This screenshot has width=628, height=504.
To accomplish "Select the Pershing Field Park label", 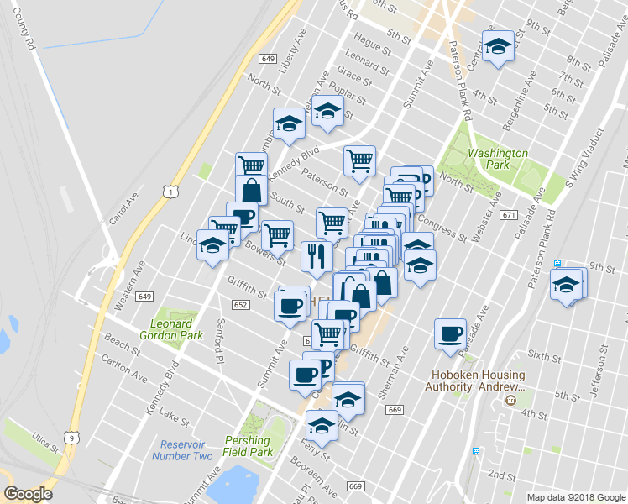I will [x=249, y=446].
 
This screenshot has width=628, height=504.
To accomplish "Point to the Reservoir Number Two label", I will [x=182, y=450].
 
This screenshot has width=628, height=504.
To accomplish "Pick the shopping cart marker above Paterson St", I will [x=359, y=160].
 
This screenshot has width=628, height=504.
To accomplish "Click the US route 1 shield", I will [x=171, y=192].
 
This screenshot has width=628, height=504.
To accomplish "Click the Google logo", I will [x=29, y=494].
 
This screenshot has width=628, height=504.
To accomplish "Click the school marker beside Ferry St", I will [x=322, y=424].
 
